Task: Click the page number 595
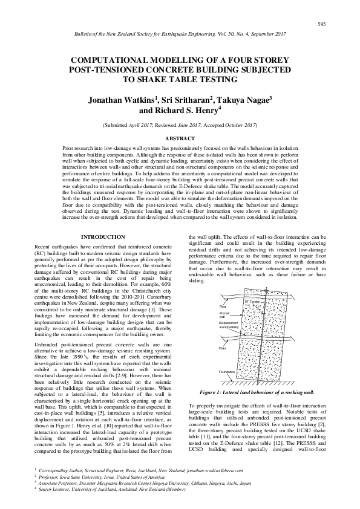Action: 321,24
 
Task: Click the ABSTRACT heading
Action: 180,138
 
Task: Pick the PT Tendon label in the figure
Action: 254,301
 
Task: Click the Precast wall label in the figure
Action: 224,315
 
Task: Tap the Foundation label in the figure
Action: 227,372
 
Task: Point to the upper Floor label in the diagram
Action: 223,306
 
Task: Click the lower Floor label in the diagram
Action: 223,348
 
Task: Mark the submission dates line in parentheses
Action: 180,124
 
